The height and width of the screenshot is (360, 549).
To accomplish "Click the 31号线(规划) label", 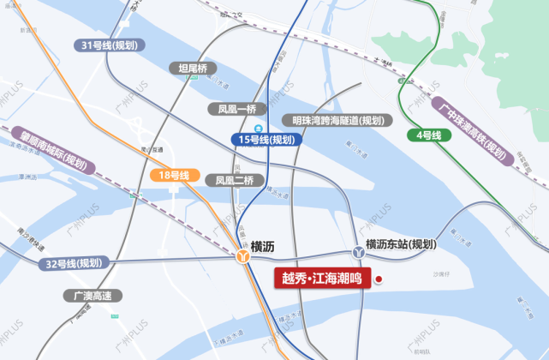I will point(110,45).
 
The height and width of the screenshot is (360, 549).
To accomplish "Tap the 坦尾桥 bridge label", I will point(194,69).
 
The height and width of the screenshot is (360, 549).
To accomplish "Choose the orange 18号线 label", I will point(175,175).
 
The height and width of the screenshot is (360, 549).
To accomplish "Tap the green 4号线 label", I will point(428,135).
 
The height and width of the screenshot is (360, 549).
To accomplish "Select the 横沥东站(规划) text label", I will point(400,245).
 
